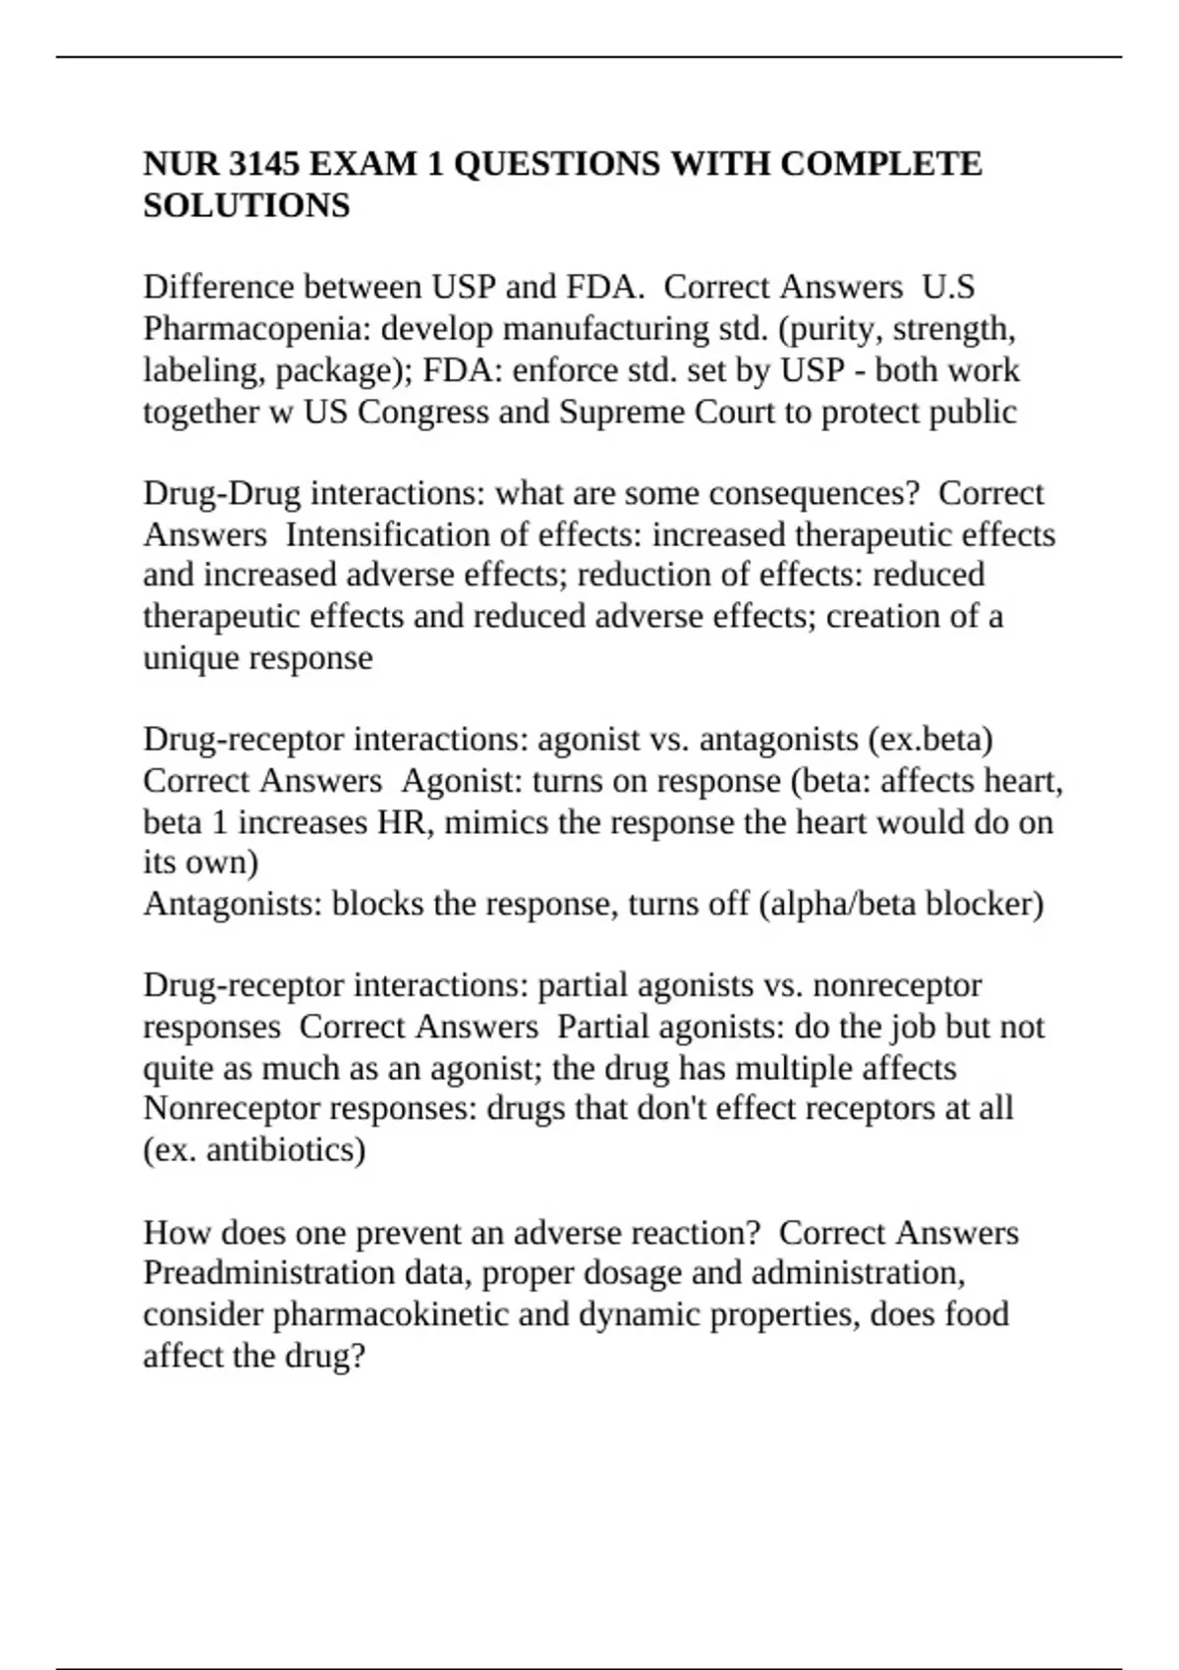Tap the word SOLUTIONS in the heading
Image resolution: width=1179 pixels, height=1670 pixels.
[247, 206]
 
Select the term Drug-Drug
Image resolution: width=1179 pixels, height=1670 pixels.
[221, 493]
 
